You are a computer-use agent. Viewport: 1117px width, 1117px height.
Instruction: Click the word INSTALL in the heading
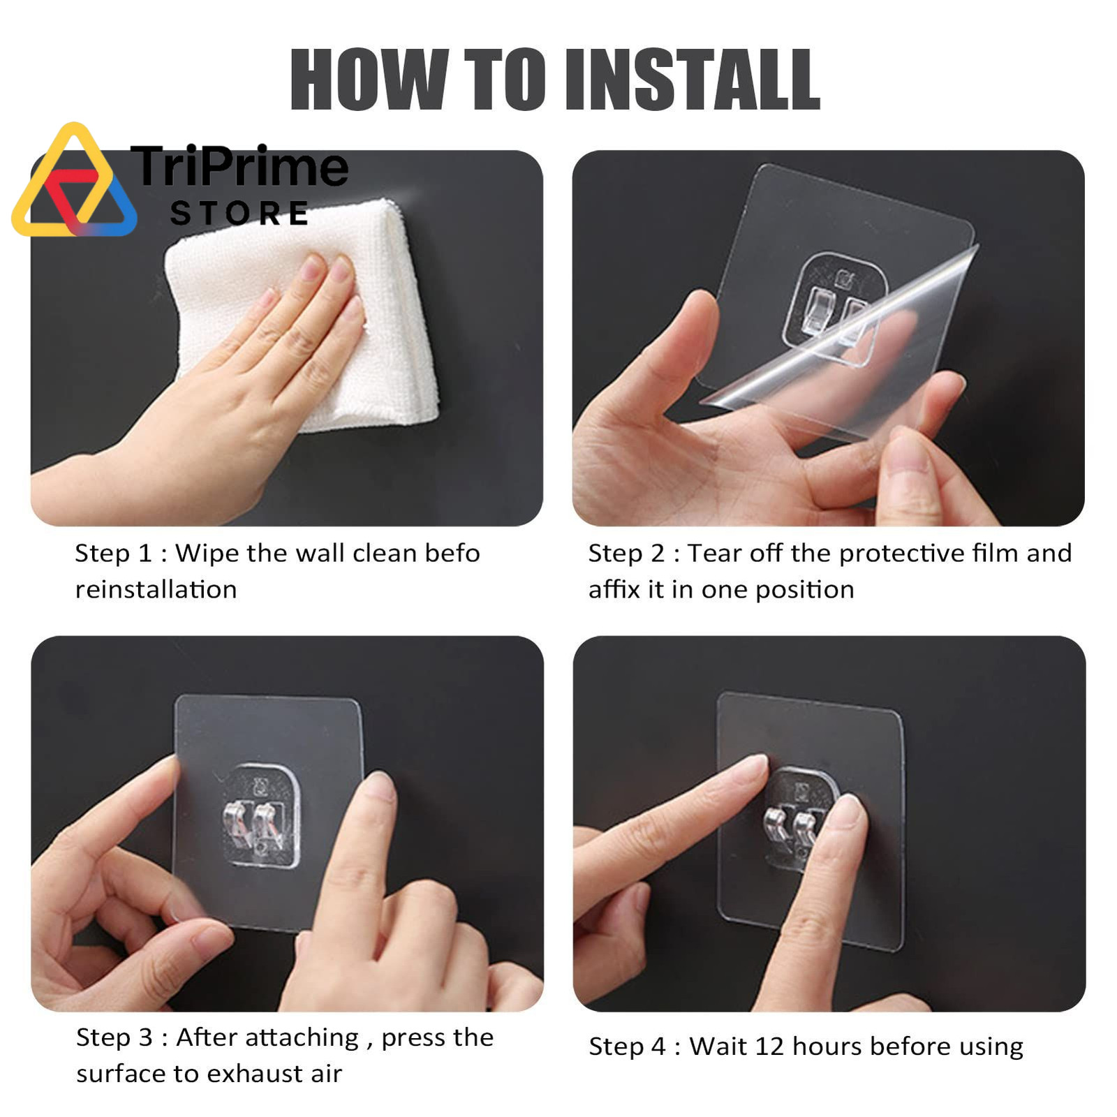tap(693, 79)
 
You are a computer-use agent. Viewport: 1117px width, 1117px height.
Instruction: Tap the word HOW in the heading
tap(369, 79)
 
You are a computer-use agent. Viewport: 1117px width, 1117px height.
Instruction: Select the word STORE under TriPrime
tap(239, 214)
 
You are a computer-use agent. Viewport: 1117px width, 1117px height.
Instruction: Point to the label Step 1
tap(114, 554)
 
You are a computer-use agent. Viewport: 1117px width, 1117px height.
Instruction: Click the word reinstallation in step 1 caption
tap(156, 590)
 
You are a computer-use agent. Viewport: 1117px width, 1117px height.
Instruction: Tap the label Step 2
tap(627, 554)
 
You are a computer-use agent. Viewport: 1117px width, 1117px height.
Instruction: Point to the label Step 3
tap(114, 1037)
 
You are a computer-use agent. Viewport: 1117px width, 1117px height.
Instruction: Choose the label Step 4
tap(628, 1046)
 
